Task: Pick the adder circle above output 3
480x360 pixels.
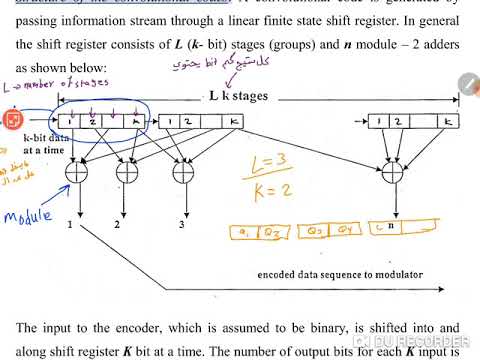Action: [181, 171]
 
